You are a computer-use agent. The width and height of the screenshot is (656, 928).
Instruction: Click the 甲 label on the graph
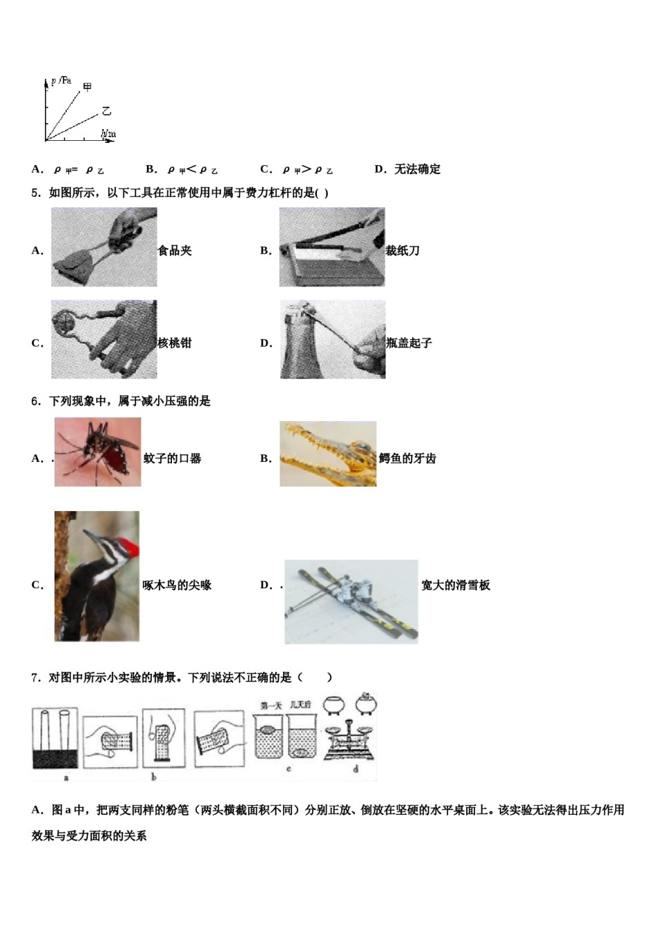88,86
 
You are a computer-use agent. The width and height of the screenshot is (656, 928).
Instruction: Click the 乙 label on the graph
106,110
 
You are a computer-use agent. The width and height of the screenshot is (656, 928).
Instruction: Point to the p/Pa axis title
61,81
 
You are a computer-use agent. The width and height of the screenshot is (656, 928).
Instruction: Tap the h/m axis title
108,133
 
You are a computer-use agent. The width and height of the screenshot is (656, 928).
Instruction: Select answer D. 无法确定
407,169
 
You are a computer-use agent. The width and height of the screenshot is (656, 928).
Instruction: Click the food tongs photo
104,247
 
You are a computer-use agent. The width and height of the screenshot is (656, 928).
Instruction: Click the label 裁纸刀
403,251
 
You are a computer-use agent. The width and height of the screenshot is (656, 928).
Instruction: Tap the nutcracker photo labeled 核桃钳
104,339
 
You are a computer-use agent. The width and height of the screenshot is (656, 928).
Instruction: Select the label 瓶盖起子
409,343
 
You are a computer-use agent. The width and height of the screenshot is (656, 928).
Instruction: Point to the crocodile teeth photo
328,454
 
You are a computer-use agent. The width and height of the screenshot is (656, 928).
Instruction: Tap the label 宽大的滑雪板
456,586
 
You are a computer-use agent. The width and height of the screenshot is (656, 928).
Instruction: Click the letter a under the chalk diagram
66,778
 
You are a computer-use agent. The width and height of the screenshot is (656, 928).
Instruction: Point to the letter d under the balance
356,769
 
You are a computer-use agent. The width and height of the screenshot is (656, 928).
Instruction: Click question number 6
36,401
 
